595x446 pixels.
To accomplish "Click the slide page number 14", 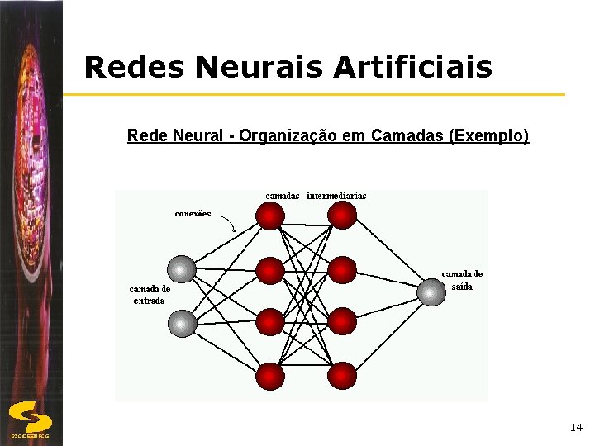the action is point(576,427).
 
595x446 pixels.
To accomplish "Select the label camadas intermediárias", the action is point(316,196).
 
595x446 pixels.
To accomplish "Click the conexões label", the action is point(193,213).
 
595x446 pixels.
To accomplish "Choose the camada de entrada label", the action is point(150,295).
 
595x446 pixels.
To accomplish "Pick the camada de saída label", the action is point(462,280).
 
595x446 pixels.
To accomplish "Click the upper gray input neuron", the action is point(182,268).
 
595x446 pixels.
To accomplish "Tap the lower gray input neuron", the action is point(183,323).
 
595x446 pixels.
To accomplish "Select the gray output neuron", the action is point(431,292).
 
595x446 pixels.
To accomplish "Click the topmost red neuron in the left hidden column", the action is point(270,216).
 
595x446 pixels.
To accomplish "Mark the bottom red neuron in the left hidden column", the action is point(270,376).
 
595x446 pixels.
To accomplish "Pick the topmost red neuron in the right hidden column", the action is point(341,216).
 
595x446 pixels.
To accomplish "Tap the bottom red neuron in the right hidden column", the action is point(341,376).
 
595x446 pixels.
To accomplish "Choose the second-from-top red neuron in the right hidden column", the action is point(341,269).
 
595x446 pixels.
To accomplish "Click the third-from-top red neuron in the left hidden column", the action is point(270,322).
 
